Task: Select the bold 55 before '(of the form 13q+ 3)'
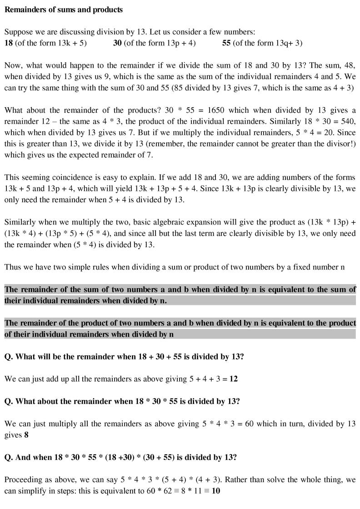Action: (226, 43)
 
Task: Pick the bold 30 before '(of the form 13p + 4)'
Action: (117, 43)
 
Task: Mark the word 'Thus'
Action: (13, 267)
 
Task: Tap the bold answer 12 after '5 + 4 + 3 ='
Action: (233, 379)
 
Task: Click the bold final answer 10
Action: (216, 491)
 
